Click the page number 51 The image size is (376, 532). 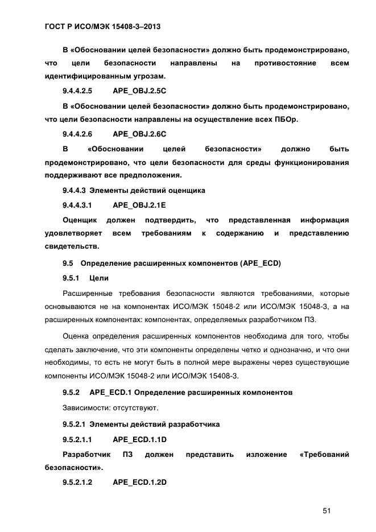point(327,510)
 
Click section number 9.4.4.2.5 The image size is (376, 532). point(77,90)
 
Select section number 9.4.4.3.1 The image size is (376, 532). point(77,204)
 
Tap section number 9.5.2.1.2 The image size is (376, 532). point(77,482)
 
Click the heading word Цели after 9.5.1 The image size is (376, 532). point(99,278)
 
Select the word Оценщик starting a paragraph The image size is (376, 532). point(80,220)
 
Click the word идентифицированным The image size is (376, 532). point(88,76)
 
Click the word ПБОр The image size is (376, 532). point(286,119)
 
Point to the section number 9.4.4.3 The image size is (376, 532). point(74,189)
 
